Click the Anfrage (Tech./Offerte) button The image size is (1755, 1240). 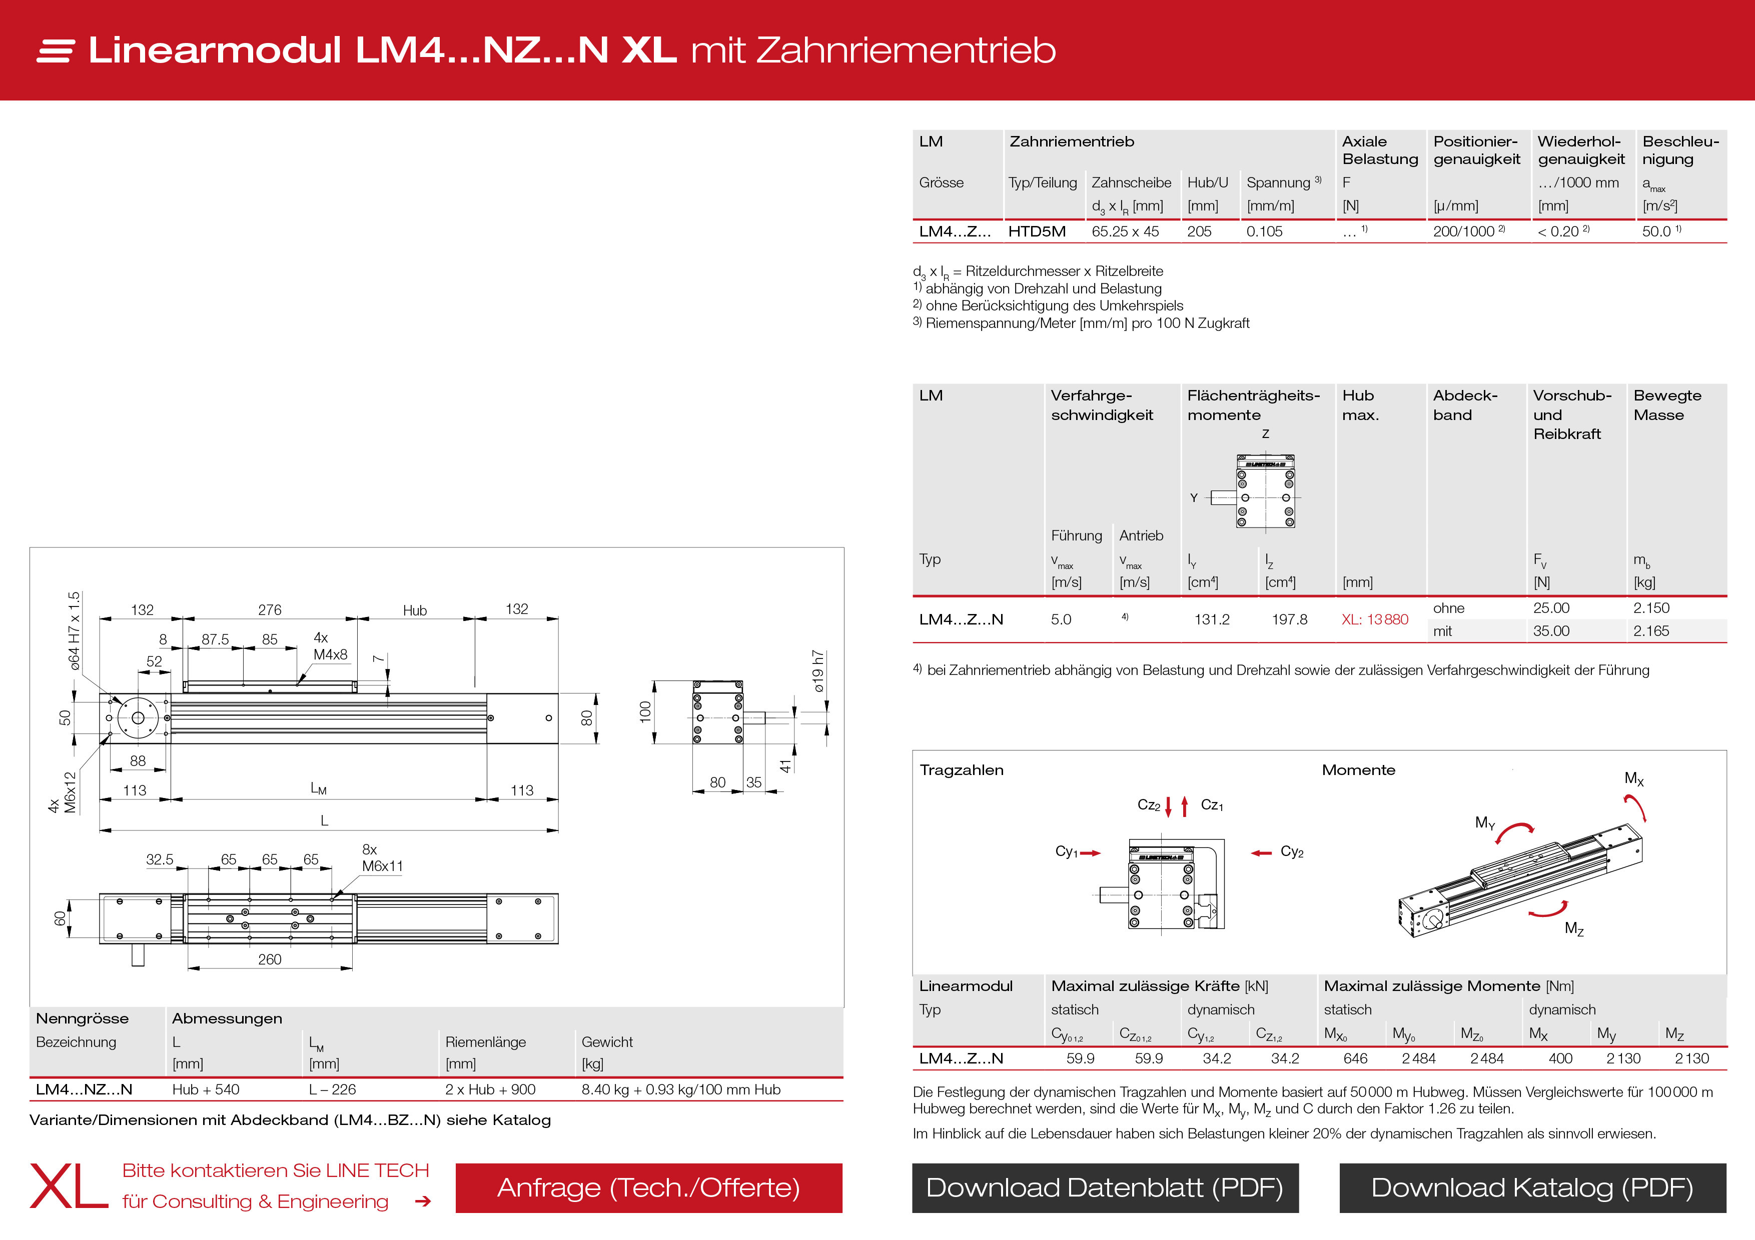pos(648,1187)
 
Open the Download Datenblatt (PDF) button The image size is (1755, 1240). pos(1105,1187)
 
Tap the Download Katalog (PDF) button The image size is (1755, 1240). pos(1532,1187)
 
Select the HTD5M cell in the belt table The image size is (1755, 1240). pos(1037,231)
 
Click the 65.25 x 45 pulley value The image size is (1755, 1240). pos(1125,231)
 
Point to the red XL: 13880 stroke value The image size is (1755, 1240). pos(1374,619)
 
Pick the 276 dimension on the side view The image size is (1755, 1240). pos(269,609)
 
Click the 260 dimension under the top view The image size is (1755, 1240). pos(269,959)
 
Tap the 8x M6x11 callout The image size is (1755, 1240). pos(381,858)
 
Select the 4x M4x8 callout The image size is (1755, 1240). pos(330,646)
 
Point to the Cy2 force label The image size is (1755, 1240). pos(1292,852)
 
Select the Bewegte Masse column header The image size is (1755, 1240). pos(1667,405)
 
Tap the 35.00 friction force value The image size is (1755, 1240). pos(1551,631)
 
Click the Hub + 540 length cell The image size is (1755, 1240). pos(206,1089)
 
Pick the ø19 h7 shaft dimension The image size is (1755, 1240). pos(818,671)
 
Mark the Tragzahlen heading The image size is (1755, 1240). pos(961,770)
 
